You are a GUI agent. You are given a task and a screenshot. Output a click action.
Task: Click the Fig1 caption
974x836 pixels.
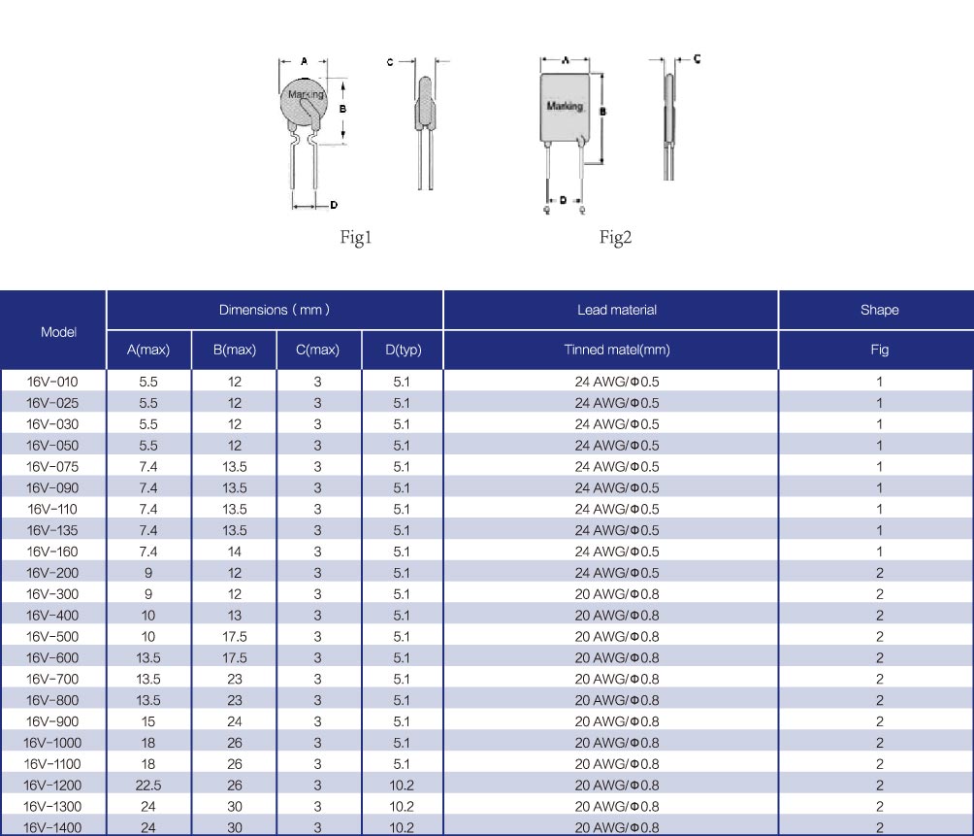[355, 238]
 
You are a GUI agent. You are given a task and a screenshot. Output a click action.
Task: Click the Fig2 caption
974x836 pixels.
[615, 238]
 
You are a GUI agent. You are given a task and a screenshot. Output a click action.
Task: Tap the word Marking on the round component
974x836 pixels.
[306, 94]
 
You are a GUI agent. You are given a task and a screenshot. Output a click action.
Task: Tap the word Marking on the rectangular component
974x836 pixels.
[565, 106]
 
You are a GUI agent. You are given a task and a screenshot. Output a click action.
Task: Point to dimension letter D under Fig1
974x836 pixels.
[334, 205]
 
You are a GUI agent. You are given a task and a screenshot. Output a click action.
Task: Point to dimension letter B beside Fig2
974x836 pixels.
[602, 112]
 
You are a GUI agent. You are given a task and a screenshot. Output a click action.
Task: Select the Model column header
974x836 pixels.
[58, 332]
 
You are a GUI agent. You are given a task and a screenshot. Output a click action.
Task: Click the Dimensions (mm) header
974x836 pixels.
[274, 310]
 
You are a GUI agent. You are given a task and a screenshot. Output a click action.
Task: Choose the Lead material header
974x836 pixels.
[617, 310]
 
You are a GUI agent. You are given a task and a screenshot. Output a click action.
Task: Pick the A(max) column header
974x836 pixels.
[148, 350]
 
